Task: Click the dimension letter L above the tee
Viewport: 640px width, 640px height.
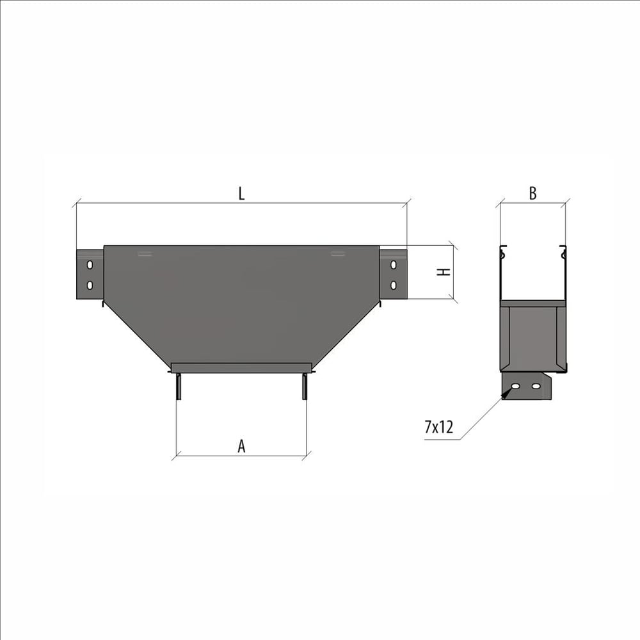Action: click(242, 193)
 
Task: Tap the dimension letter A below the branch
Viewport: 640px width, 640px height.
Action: click(242, 446)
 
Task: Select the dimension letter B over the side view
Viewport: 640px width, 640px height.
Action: click(532, 193)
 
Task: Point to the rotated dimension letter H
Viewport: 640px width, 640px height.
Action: click(444, 272)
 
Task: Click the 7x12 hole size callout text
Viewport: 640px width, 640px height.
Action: click(439, 428)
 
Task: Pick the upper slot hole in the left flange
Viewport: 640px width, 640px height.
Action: click(90, 265)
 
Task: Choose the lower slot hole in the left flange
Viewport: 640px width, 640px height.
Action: click(90, 285)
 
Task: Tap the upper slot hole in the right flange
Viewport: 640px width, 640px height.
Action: click(394, 265)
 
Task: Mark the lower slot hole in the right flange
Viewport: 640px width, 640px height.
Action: click(394, 285)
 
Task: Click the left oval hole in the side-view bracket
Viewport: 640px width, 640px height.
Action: click(515, 386)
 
